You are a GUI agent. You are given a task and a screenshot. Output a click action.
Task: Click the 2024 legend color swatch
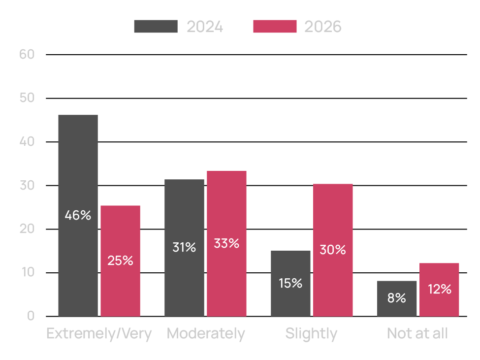coord(156,27)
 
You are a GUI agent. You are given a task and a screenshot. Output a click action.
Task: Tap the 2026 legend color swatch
coord(275,27)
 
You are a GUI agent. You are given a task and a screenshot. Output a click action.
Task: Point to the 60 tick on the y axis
coord(27,54)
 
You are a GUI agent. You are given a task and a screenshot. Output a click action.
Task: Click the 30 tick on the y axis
coord(27,185)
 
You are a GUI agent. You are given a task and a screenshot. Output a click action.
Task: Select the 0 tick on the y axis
coord(31,316)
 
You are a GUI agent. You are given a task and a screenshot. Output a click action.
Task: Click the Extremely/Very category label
coord(99,333)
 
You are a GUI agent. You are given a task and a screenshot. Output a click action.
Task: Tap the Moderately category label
coord(206,333)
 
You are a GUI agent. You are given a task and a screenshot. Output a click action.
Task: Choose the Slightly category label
coord(312,333)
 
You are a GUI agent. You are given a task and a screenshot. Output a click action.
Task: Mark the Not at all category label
coord(417,333)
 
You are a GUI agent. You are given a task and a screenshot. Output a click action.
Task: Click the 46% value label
coord(78,215)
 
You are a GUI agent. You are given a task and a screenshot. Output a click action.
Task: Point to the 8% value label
coord(397,298)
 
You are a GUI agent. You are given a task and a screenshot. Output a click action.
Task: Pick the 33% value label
coord(226,243)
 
